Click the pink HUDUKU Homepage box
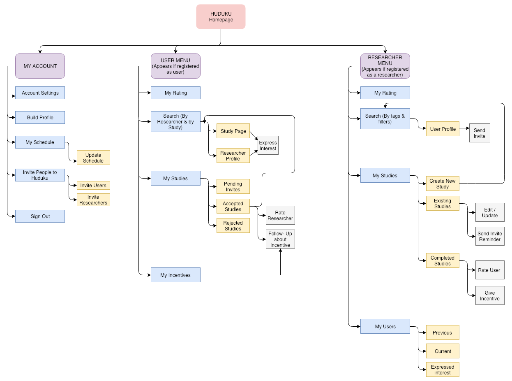[221, 17]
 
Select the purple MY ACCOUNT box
[40, 66]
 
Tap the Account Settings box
[40, 93]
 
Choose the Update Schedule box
[93, 158]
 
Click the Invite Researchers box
[93, 200]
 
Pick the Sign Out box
[40, 216]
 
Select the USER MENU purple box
[175, 66]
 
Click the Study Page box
[233, 131]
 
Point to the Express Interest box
[268, 145]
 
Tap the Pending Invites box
[233, 187]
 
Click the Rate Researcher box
[280, 215]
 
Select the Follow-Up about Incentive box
[280, 239]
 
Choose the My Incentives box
[175, 275]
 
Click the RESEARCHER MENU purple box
[385, 66]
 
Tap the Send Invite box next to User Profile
[480, 133]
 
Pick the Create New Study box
[443, 184]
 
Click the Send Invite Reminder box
[490, 237]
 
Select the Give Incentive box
[490, 296]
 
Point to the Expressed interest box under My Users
[443, 369]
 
